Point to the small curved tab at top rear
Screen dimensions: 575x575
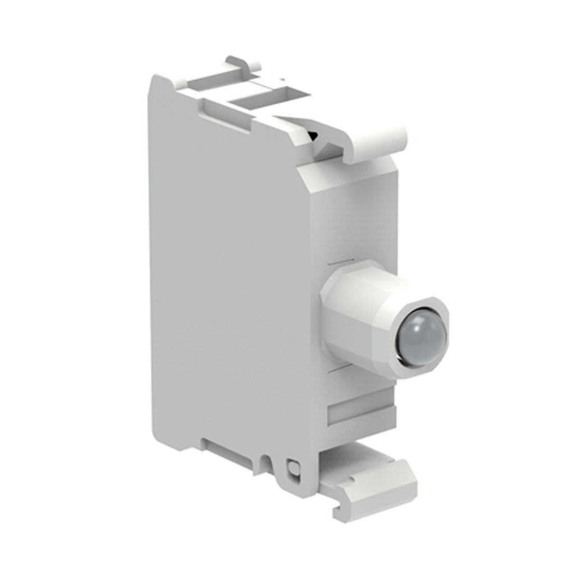pos(243,62)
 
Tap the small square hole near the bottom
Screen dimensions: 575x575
pos(292,467)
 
